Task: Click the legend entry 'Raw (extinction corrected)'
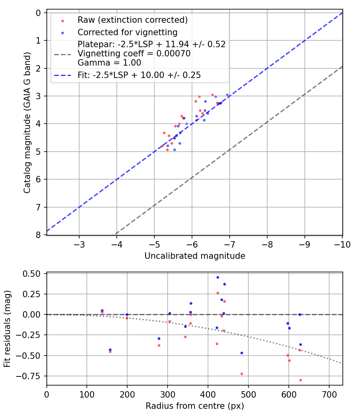(x=132, y=20)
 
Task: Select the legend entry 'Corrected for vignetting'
(x=128, y=32)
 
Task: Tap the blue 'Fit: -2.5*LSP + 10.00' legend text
(x=139, y=75)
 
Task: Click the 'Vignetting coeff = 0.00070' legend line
(x=134, y=54)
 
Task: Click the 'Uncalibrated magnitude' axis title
(x=195, y=256)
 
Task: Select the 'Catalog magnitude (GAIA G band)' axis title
(x=27, y=124)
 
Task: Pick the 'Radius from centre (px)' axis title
(x=195, y=406)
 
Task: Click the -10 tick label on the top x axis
(x=342, y=244)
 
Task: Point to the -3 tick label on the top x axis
(x=79, y=244)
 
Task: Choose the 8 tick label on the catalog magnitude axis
(x=38, y=235)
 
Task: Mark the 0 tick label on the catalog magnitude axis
(x=38, y=13)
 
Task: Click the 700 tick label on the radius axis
(x=329, y=394)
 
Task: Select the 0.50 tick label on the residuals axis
(x=34, y=274)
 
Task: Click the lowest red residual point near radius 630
(x=300, y=380)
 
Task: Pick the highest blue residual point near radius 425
(x=218, y=277)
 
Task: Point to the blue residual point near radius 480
(x=242, y=353)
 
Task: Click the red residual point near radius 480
(x=242, y=374)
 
